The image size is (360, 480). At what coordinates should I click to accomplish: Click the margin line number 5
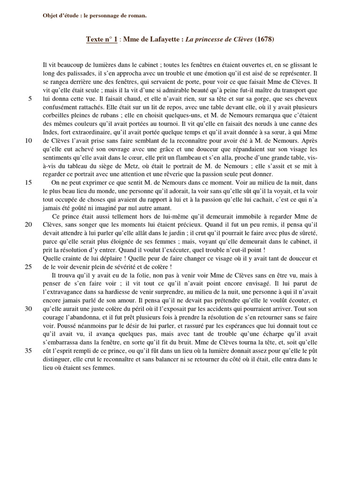click(30, 98)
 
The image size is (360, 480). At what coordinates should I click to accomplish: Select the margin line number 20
click(28, 225)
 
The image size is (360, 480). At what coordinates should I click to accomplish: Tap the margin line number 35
click(28, 351)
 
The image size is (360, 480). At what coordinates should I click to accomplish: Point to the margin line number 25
click(28, 267)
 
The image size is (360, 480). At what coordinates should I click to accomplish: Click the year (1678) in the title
click(264, 40)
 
